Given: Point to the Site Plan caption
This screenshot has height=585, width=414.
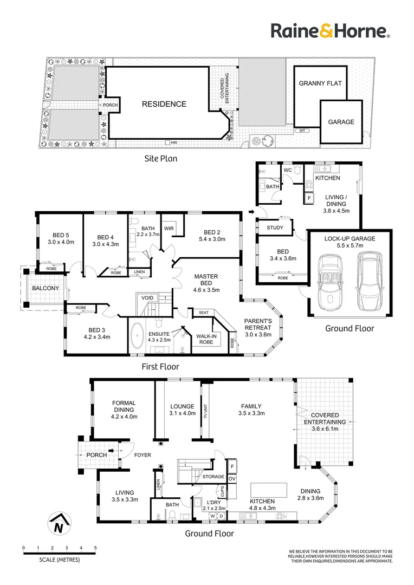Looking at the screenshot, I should [160, 159].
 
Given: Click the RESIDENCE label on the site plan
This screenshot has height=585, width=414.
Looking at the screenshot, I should [164, 104].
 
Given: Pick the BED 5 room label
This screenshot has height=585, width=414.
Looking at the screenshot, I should [60, 238].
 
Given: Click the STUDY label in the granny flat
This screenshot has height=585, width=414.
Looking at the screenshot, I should [275, 227].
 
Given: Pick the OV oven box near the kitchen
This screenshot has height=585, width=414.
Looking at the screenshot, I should [232, 478].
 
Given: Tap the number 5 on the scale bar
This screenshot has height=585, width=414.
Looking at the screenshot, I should [95, 548].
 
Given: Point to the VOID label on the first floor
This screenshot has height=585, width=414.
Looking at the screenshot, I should [147, 298].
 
